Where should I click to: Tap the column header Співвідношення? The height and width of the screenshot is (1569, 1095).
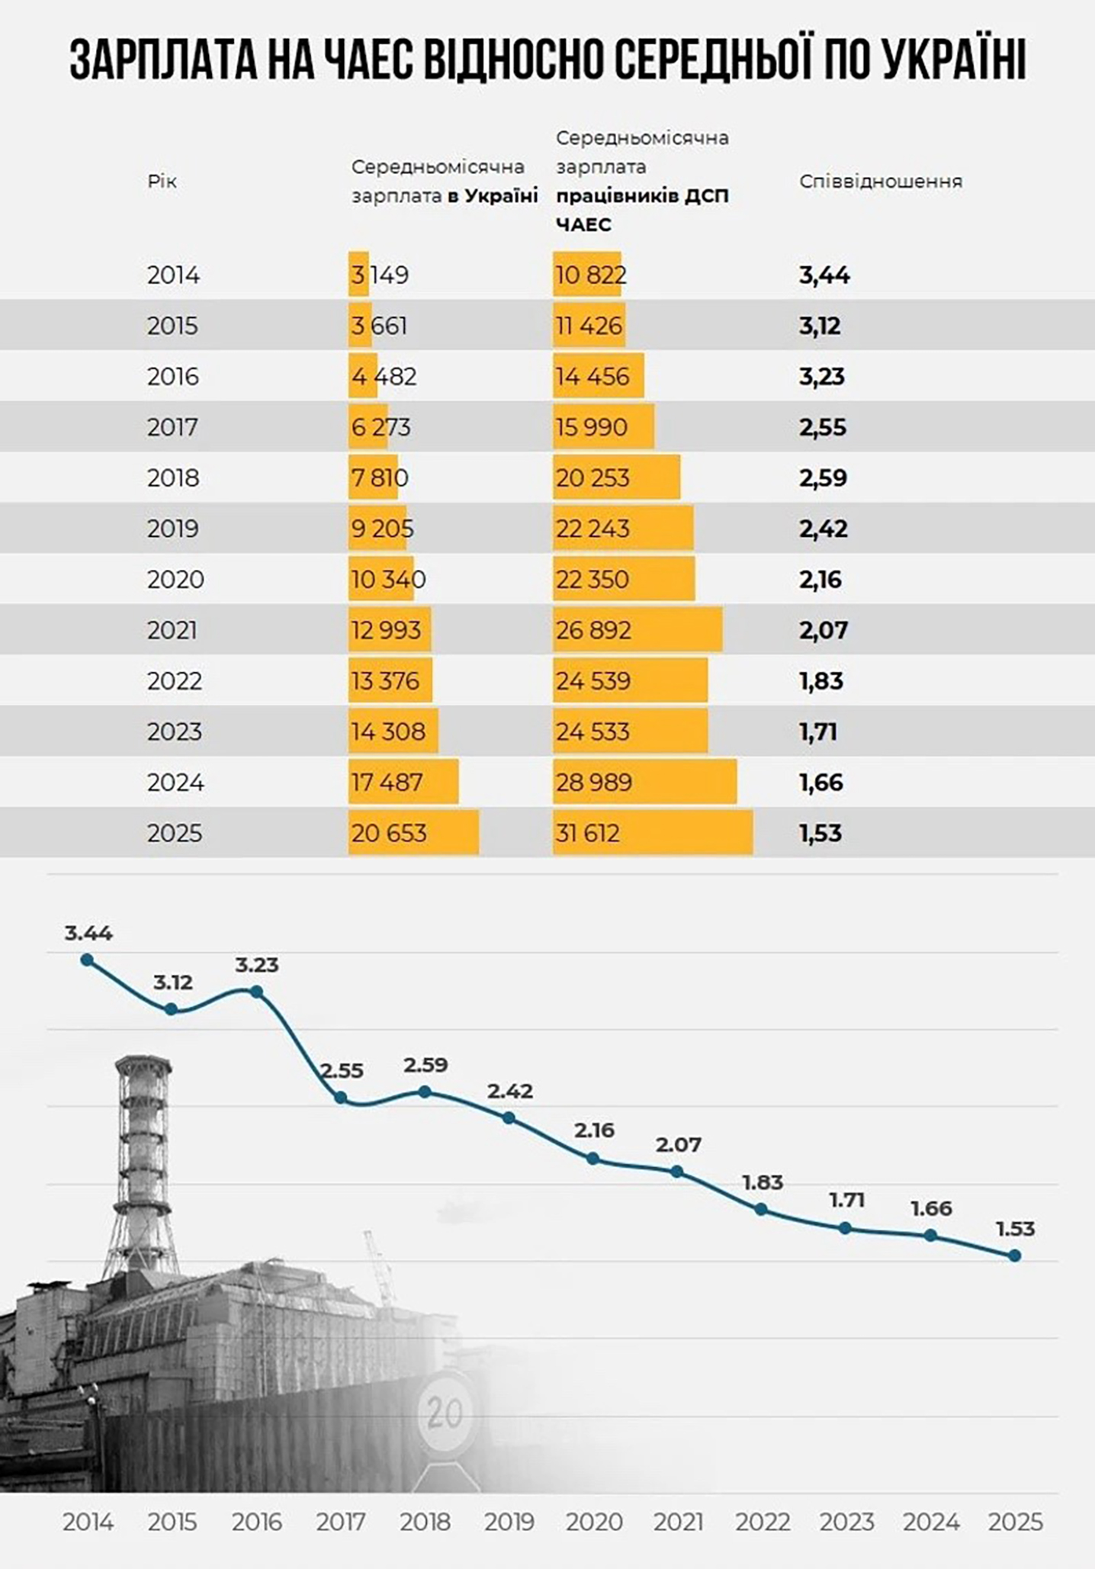pos(881,182)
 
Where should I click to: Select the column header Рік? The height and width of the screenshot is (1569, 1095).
pos(162,182)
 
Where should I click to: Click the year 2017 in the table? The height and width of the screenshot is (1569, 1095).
pos(172,427)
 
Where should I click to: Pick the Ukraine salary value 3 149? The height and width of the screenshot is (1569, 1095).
pos(380,275)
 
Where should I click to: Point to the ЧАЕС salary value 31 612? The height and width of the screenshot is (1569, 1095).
pos(587,833)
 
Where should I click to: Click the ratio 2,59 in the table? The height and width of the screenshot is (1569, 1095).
pos(823,478)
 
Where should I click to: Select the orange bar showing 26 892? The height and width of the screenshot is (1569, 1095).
pos(637,630)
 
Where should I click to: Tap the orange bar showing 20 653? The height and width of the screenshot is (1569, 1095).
pos(414,833)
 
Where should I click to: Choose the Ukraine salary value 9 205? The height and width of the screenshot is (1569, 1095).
pos(382,529)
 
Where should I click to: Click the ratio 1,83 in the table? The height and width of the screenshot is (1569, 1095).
pos(821,681)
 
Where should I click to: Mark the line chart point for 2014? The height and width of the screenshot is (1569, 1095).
pos(87,960)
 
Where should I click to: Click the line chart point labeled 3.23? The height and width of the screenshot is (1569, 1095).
pos(257,992)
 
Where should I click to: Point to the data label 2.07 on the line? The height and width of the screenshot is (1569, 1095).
pos(679,1144)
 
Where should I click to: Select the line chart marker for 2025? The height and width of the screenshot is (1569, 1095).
pos(1015,1256)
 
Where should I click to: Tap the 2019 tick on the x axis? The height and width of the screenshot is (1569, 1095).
pos(509,1522)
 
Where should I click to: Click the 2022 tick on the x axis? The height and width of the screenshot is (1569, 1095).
pos(763,1522)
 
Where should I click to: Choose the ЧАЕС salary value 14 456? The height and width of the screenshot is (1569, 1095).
pos(592,377)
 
